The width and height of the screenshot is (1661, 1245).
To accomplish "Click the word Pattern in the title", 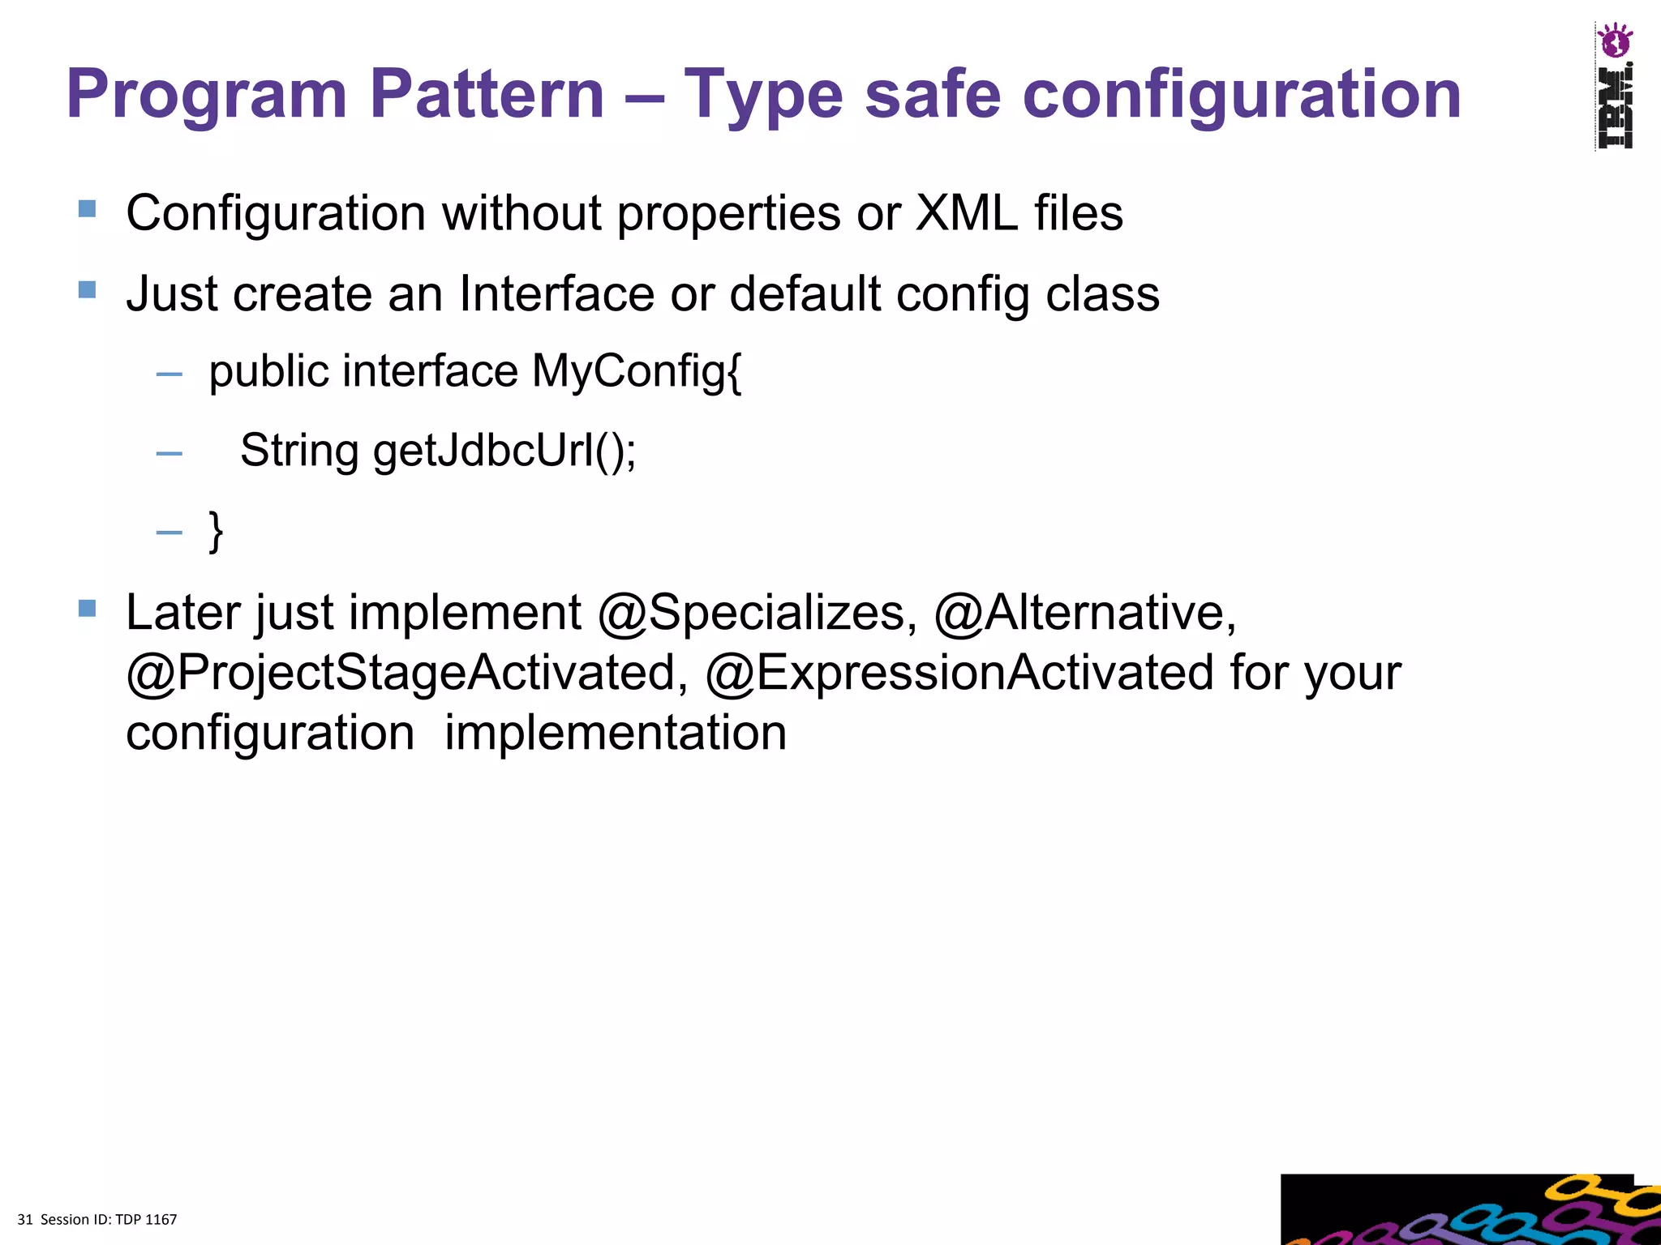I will [487, 94].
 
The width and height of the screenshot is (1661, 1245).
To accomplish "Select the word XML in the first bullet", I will [966, 213].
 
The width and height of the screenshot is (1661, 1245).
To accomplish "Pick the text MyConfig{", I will [637, 373].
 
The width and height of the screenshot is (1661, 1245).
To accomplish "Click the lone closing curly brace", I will [216, 531].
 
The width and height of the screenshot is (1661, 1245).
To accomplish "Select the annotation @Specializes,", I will [758, 613].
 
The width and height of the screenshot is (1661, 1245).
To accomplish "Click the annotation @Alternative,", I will [1085, 613].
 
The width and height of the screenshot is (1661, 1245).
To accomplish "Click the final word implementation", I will [616, 733].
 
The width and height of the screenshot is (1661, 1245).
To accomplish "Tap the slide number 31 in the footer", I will [24, 1220].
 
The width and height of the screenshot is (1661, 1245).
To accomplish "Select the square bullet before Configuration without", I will [88, 209].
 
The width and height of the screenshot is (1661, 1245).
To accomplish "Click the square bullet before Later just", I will [88, 608].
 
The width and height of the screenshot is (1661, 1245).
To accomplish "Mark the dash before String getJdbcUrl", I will [169, 453].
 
